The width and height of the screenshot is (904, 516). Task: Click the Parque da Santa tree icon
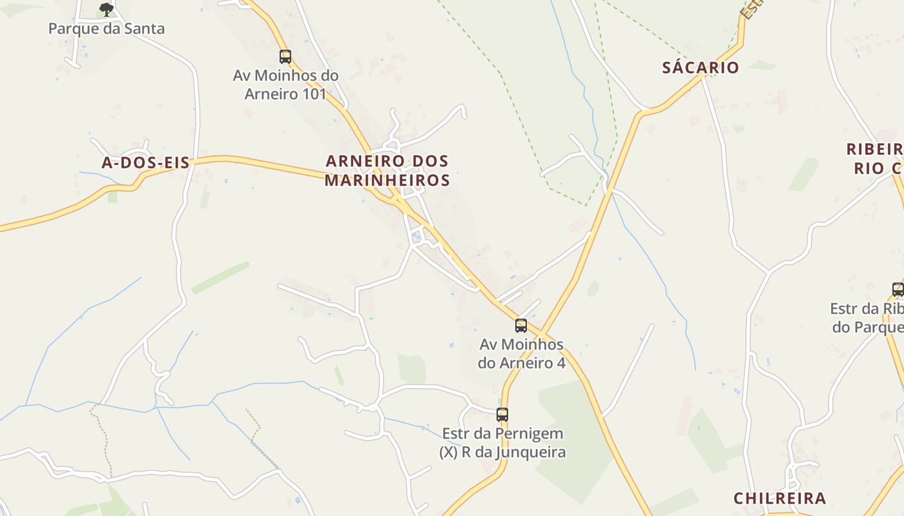click(107, 9)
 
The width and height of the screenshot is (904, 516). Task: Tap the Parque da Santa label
click(107, 28)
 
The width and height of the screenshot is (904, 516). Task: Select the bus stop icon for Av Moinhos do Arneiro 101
click(285, 56)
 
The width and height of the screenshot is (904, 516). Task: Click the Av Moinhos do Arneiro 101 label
click(285, 84)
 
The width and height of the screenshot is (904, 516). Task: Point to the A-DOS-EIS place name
click(145, 163)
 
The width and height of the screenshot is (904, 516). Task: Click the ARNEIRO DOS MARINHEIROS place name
click(387, 170)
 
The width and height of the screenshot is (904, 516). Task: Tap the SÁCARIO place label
click(701, 68)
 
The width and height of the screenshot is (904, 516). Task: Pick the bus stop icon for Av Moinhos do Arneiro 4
click(521, 326)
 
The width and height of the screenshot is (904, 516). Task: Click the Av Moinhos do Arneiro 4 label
click(522, 353)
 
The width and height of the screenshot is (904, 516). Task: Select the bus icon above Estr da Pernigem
click(502, 415)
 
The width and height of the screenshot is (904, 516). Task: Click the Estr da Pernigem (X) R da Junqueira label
click(502, 442)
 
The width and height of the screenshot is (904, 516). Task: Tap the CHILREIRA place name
click(779, 498)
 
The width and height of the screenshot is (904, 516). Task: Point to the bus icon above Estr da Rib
click(898, 289)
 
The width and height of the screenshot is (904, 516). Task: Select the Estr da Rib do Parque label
click(867, 318)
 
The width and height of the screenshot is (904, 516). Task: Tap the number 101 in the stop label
click(314, 94)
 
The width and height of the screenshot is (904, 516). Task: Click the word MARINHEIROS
click(387, 180)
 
